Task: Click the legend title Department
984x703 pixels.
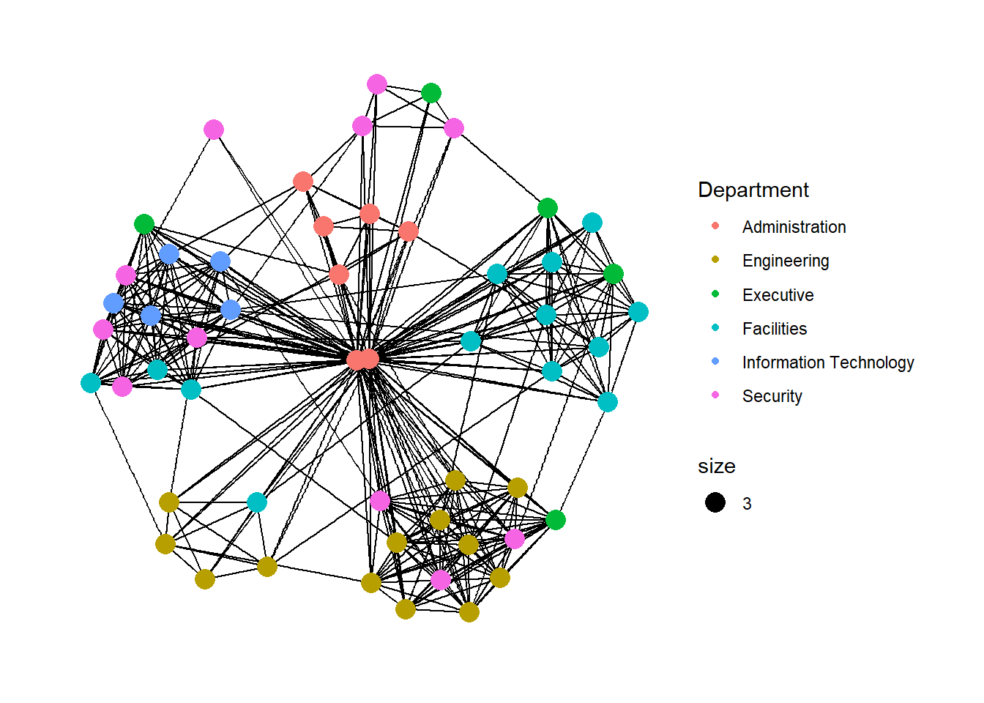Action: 753,190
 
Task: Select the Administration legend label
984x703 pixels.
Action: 794,227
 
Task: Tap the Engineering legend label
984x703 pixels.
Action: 785,261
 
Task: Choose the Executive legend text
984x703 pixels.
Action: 778,295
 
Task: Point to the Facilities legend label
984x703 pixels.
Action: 774,329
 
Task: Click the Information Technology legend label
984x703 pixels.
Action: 827,362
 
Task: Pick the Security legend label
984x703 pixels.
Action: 772,396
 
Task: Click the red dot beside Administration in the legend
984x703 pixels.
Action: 715,226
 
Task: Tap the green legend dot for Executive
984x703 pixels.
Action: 715,294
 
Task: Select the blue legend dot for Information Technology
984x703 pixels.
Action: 715,361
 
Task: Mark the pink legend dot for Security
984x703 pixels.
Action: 715,395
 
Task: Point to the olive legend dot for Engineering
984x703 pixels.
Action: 715,260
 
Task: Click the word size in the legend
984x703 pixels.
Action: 716,466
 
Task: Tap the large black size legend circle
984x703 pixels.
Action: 715,502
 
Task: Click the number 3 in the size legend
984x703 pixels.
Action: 747,504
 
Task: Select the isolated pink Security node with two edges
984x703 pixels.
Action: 213,130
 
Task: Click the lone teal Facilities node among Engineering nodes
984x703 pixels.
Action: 257,502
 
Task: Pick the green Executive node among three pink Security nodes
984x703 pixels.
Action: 431,93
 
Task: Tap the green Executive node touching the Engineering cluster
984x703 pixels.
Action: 556,520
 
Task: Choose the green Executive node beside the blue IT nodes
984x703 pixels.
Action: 144,224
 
